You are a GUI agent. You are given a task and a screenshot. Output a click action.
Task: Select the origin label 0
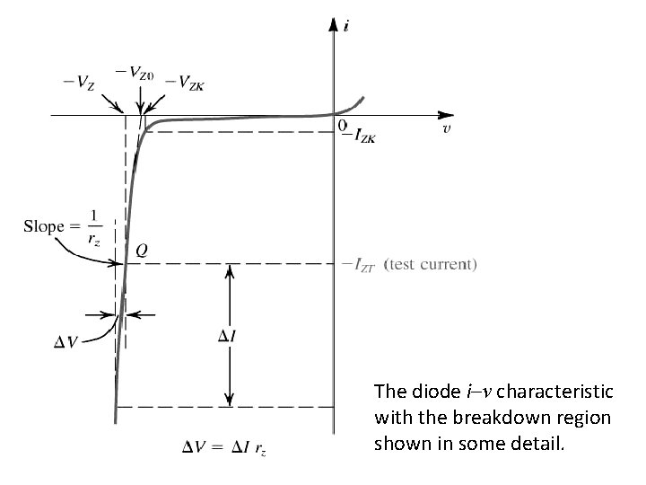coord(341,125)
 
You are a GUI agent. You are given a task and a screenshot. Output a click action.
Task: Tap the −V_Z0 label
coord(139,74)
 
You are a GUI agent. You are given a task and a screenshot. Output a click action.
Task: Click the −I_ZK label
coord(364,136)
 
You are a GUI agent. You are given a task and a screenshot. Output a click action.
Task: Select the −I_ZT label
coord(362,264)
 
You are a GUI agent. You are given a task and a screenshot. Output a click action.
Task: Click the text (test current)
coord(430,264)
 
